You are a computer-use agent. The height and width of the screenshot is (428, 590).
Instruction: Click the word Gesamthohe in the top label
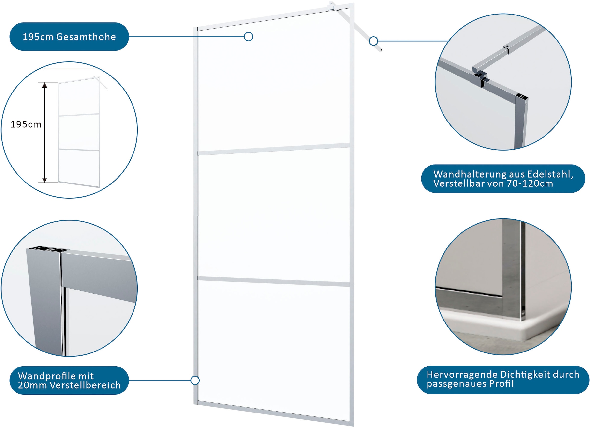86,37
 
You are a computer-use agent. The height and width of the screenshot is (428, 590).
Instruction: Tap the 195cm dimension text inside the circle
26,124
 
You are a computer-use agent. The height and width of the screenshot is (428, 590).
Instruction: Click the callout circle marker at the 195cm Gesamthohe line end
249,37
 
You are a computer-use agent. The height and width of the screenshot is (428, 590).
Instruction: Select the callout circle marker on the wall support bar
373,41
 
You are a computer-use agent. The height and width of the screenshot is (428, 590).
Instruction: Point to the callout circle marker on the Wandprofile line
195,380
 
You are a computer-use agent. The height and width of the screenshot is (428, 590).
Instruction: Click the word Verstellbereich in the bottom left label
85,385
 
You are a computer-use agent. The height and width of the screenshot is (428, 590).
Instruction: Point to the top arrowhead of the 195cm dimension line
44,85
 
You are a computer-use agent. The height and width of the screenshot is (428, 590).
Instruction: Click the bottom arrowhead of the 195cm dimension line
44,180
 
